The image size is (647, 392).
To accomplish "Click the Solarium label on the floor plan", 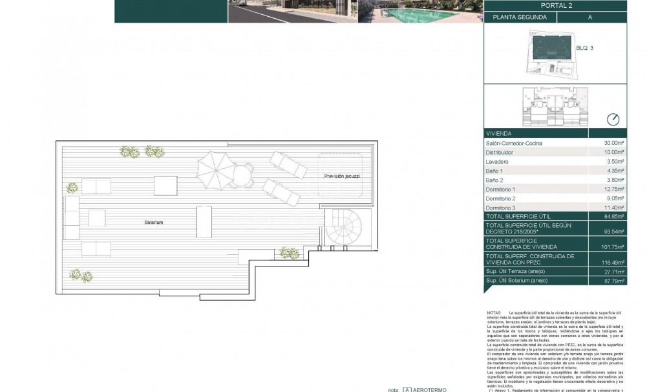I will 154,222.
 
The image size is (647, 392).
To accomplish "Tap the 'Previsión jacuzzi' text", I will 342,176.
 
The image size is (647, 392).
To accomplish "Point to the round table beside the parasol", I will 240,175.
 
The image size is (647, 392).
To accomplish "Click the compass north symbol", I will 613,119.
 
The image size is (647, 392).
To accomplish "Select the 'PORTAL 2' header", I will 555,6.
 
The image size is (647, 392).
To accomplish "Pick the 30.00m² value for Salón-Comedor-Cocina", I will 613,143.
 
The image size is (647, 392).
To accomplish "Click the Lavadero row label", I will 497,161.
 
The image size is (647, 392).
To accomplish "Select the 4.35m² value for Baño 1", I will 615,171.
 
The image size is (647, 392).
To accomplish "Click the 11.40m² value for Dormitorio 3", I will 614,208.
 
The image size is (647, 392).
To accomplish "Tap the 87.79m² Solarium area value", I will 614,281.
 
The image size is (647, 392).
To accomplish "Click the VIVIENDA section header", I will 498,133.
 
